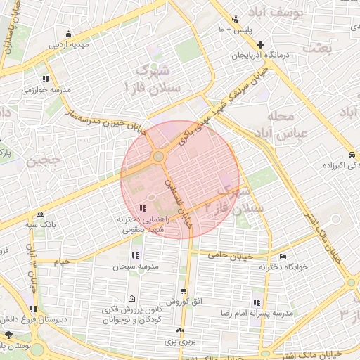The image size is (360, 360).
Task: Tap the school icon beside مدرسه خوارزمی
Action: coord(46,79)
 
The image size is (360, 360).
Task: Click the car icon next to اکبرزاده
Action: coord(350,155)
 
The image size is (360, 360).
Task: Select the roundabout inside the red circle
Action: coord(160,156)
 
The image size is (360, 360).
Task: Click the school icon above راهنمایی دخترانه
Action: coord(143,207)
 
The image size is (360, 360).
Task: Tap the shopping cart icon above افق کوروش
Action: coord(184,290)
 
